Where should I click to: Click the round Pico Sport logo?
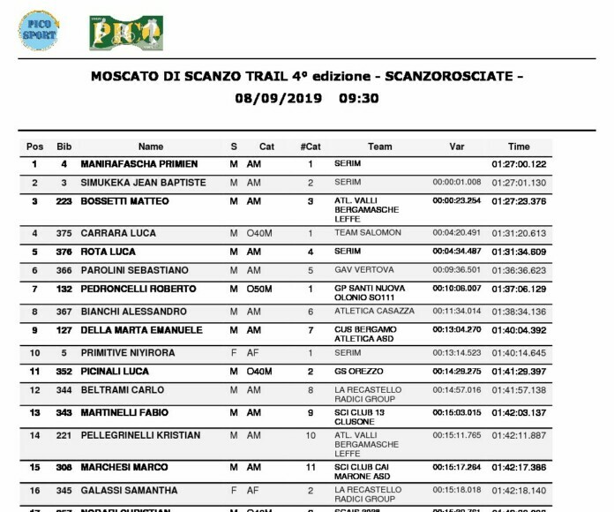pos(38,30)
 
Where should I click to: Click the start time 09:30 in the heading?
pos(359,99)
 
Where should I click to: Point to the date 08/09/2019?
pos(274,99)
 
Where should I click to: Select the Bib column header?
pos(64,147)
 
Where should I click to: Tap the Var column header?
pos(456,147)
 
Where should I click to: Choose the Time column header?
pos(519,147)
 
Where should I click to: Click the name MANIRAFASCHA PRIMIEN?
pos(139,164)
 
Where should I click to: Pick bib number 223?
pos(64,201)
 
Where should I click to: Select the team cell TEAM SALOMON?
pos(367,233)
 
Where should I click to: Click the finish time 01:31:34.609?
pos(519,252)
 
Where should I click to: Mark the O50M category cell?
pos(261,289)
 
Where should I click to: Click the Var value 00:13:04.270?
pos(456,330)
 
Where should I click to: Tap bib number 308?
pos(64,466)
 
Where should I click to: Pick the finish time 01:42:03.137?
pos(519,412)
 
